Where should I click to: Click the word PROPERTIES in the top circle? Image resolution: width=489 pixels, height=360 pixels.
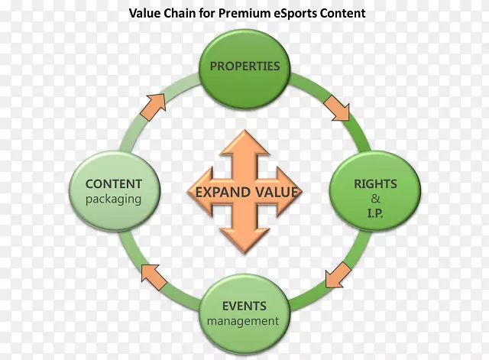244,66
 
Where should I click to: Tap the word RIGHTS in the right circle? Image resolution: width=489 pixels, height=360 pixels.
375,184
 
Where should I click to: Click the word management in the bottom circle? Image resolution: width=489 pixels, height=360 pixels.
243,321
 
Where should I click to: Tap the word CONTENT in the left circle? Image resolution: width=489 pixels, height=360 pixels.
114,183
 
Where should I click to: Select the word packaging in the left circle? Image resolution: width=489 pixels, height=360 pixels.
114,199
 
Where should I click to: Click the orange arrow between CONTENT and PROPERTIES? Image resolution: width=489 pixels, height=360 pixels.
156,105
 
